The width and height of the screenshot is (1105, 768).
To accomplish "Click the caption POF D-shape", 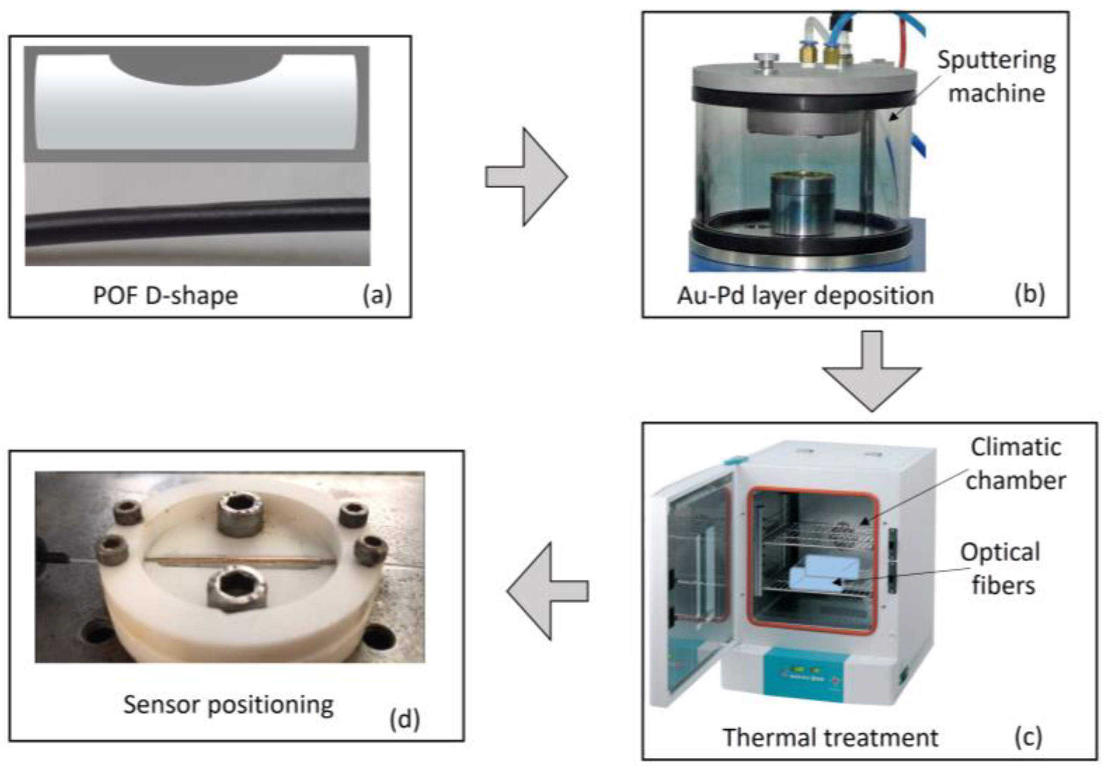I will click(165, 295).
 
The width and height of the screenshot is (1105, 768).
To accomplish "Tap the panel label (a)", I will click(377, 295).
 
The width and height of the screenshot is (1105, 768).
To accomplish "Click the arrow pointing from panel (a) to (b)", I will click(527, 176).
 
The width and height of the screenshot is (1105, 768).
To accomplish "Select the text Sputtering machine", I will click(996, 77).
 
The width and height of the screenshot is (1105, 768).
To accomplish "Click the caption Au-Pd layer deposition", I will click(805, 295).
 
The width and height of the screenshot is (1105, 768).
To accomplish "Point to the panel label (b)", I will click(1029, 294).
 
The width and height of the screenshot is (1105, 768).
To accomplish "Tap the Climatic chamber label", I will click(1016, 464).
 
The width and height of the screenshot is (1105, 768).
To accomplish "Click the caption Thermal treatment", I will click(831, 737).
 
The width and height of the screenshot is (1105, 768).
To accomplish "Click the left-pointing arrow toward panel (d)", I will click(548, 591).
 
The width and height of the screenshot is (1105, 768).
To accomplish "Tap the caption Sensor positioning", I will click(228, 705).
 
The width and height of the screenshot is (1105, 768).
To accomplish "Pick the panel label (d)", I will click(404, 719).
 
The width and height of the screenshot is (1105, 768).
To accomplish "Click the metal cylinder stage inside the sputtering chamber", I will click(795, 204).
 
